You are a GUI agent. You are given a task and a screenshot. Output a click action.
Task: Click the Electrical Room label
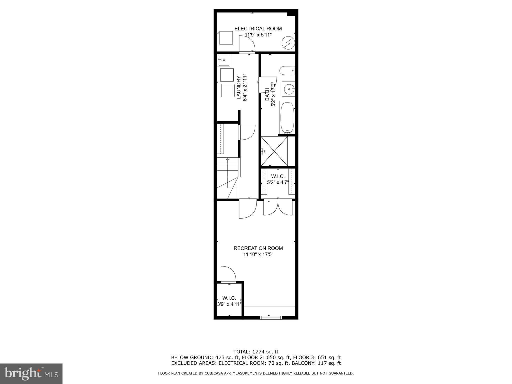tap(258, 29)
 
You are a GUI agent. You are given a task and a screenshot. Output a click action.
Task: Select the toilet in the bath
tap(287, 70)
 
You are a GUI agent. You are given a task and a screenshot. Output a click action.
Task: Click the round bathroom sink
tap(289, 89)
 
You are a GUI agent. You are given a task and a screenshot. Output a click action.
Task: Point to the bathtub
tap(287, 118)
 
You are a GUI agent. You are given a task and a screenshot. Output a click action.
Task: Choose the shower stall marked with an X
tap(274, 151)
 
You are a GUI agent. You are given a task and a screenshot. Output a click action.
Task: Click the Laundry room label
tap(239, 87)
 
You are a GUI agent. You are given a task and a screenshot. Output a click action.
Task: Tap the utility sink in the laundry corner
tap(224, 60)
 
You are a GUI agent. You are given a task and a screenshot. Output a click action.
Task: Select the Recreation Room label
tap(258, 248)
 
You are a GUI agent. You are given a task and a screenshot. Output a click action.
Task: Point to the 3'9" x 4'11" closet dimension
tap(229, 304)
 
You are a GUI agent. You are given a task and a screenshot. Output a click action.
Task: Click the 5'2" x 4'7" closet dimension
tap(278, 182)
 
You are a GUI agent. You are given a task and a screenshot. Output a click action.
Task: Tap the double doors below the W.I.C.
tap(278, 207)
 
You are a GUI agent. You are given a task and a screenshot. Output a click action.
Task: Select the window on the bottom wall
tap(271, 318)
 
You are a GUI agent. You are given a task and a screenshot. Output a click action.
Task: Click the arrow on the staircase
tap(227, 159)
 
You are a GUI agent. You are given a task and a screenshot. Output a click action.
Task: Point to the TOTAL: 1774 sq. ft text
tap(256, 352)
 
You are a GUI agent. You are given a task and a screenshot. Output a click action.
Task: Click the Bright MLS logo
tap(31, 373)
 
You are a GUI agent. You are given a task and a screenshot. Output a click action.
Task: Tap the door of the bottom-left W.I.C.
tap(228, 275)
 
